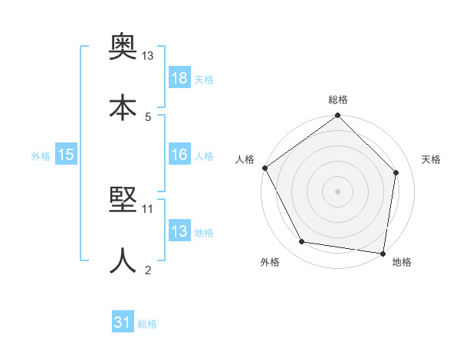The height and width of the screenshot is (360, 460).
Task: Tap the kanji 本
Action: tap(122, 106)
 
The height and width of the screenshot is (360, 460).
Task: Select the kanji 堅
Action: tap(122, 201)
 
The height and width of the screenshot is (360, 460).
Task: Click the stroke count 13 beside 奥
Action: tap(148, 56)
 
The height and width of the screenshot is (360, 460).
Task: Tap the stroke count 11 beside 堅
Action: tap(148, 208)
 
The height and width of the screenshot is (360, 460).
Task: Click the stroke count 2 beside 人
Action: tap(148, 270)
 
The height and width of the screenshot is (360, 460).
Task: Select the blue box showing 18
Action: tap(179, 79)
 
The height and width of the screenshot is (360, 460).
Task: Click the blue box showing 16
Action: tap(179, 155)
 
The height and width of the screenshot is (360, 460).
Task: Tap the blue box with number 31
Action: tap(123, 323)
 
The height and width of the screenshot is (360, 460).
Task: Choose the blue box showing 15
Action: tap(66, 155)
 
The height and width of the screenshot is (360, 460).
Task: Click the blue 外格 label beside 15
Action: tap(41, 155)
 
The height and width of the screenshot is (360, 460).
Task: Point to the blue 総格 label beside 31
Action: tap(147, 324)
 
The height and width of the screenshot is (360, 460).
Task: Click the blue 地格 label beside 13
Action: tap(204, 232)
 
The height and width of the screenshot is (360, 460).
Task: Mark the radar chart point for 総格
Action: tap(337, 116)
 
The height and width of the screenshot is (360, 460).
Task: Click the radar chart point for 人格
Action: tap(264, 168)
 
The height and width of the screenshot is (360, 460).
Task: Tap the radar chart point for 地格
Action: tap(383, 253)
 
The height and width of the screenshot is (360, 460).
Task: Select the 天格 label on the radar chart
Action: tap(432, 159)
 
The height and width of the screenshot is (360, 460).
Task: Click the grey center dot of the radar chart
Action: tap(337, 191)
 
